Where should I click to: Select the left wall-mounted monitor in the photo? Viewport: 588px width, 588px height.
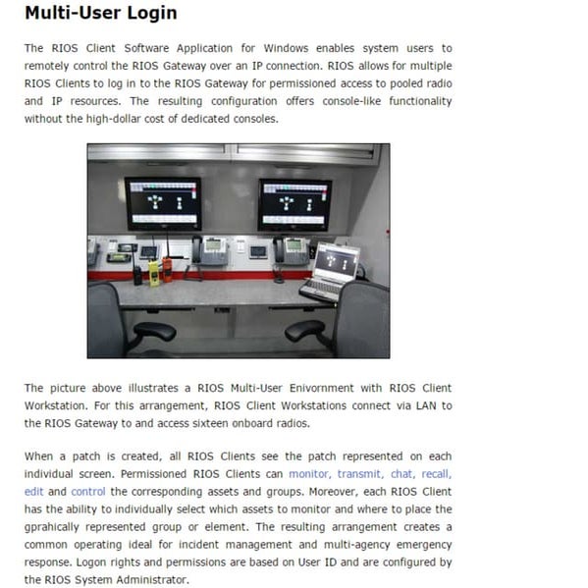[162, 203]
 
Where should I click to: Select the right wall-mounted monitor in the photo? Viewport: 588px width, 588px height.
[294, 203]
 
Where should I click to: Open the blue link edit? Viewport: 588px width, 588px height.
[34, 492]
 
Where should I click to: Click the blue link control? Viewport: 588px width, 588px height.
[88, 492]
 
